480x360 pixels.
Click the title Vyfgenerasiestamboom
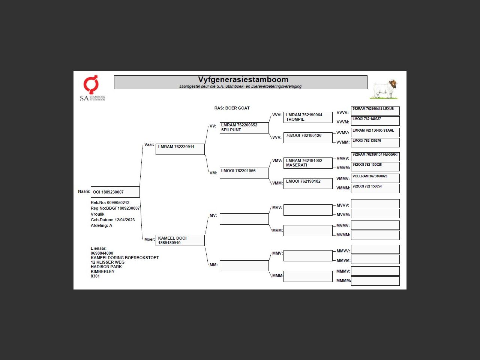(243, 79)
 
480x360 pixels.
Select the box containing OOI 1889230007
(115, 192)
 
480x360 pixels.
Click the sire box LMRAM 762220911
(180, 149)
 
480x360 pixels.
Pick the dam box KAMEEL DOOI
(180, 240)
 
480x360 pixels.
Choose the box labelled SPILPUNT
(244, 127)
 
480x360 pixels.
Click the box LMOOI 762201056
(244, 173)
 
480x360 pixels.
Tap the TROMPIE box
(308, 117)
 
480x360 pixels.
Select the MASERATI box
(308, 163)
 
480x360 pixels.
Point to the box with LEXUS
(375, 111)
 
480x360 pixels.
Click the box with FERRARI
(375, 156)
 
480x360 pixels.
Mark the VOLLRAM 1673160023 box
(375, 178)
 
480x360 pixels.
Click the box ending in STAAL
(375, 132)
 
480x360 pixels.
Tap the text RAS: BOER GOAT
(232, 108)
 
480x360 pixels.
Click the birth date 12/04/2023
(124, 220)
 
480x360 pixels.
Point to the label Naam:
(84, 191)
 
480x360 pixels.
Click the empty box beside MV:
(244, 219)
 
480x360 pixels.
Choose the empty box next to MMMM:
(375, 281)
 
